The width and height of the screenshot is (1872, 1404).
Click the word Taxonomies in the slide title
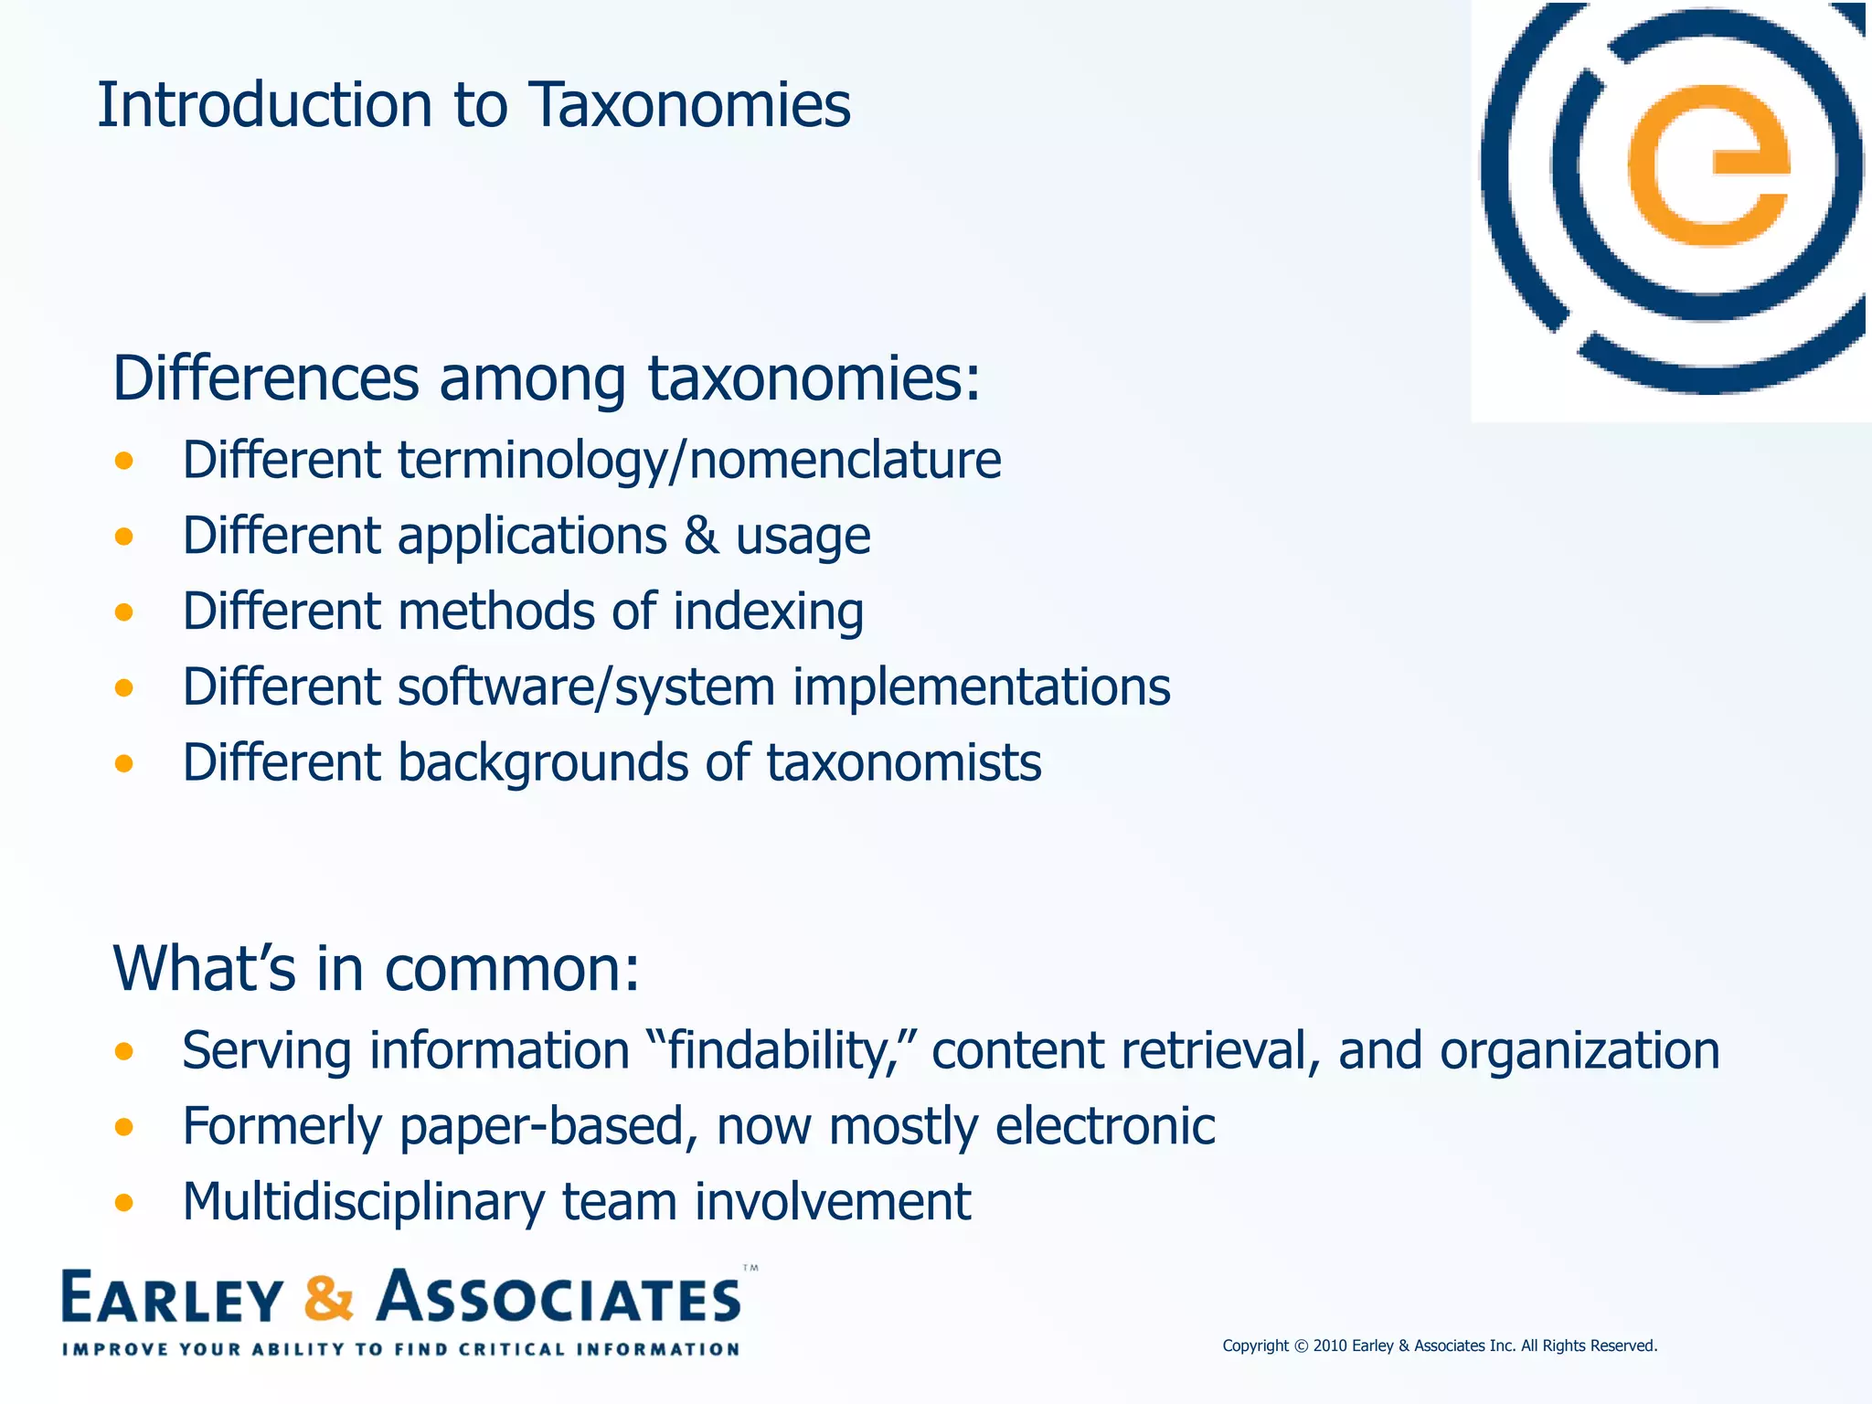[689, 105]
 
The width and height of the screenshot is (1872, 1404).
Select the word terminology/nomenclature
[699, 460]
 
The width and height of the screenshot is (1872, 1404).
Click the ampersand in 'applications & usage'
[701, 536]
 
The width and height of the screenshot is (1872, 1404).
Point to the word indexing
[768, 612]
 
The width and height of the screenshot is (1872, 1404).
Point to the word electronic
[1105, 1126]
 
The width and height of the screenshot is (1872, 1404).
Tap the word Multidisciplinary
[364, 1202]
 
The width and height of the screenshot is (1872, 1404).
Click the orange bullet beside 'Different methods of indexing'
[124, 612]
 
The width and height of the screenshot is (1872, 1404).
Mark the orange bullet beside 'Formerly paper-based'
[124, 1127]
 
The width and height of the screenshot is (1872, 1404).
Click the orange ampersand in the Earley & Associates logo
[328, 1298]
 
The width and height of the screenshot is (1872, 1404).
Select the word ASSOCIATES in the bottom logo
[558, 1298]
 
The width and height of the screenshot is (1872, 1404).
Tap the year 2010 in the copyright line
[1330, 1345]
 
